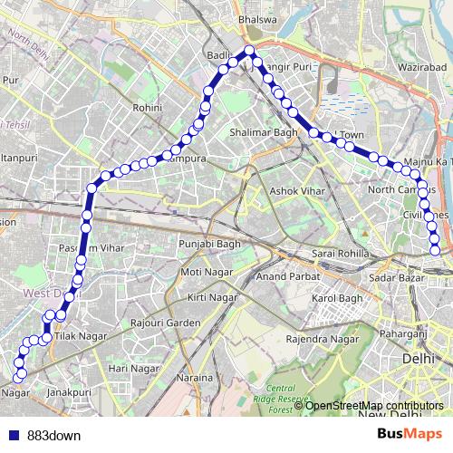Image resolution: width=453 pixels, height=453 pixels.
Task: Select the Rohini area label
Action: pos(147,107)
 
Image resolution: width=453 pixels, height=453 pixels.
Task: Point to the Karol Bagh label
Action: pos(336,298)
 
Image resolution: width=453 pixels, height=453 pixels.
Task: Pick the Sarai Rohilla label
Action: pos(337,255)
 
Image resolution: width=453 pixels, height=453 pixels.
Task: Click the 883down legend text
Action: pos(53,435)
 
